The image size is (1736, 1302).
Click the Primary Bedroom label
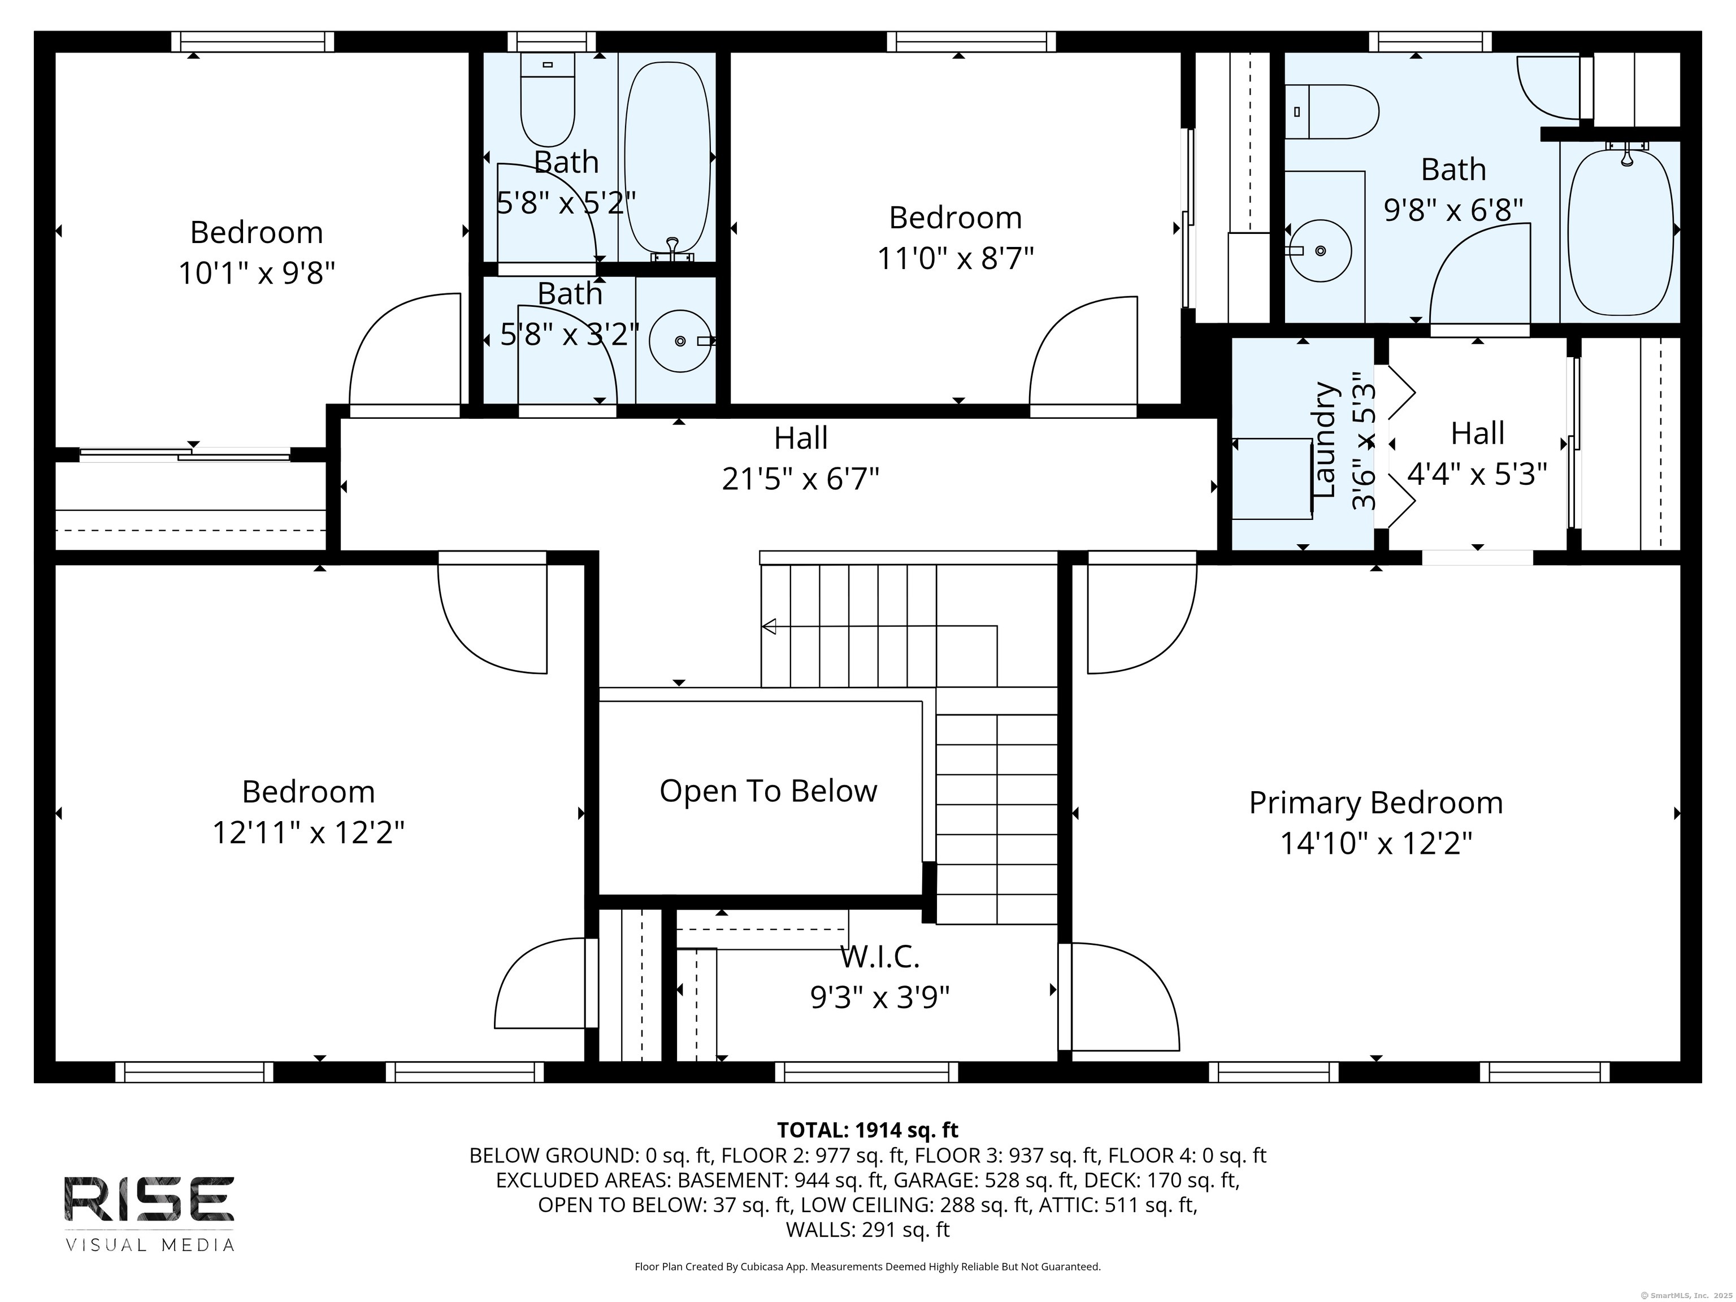pos(1375,803)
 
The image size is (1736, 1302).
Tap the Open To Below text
pos(767,791)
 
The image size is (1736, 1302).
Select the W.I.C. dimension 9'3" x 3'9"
pos(880,997)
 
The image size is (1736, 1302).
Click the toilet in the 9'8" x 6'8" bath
pos(1334,111)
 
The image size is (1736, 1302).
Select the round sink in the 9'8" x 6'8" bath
pos(1320,250)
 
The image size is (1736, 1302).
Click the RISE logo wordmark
pos(149,1199)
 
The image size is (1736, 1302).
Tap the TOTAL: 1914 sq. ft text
pos(867,1130)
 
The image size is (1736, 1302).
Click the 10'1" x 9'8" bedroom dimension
pos(257,273)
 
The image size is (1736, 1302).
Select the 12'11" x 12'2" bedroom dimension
pos(309,833)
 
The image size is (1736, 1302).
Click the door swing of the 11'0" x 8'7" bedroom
pos(1083,353)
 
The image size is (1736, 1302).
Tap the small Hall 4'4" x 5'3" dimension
pos(1477,474)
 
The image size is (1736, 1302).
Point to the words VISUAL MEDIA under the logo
pos(149,1245)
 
